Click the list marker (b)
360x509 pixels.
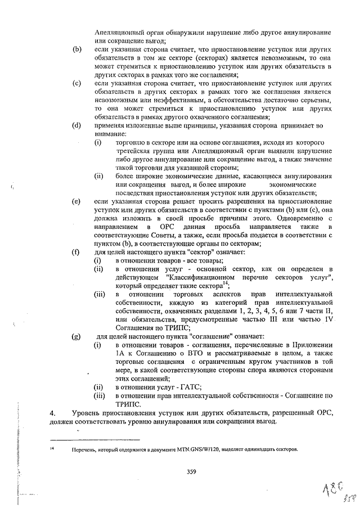click(77, 50)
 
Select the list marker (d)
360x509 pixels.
click(77, 125)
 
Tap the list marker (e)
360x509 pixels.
click(77, 200)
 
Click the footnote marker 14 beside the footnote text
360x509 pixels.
click(52, 448)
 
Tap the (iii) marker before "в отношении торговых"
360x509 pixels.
click(99, 294)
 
